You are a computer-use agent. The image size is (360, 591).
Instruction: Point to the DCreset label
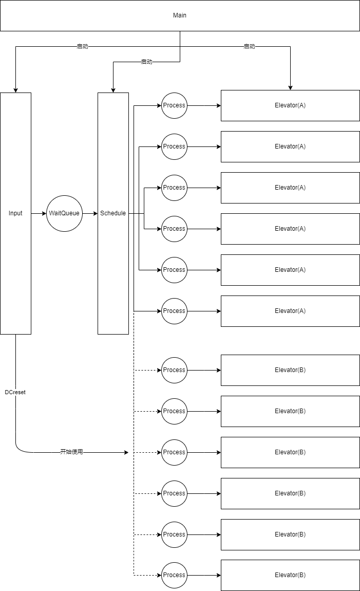[15, 392]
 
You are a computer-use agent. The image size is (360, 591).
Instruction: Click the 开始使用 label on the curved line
[71, 452]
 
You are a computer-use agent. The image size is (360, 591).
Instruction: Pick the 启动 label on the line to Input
[83, 46]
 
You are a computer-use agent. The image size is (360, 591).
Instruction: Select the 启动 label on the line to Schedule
[146, 62]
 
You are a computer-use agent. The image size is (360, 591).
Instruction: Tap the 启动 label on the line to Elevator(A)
[249, 46]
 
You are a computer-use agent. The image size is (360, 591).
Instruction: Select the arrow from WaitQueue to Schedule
[90, 213]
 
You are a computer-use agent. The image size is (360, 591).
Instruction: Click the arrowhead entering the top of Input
[15, 90]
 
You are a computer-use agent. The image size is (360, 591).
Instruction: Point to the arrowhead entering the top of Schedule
[113, 90]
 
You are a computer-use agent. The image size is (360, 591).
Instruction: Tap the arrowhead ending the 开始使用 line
[126, 452]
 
